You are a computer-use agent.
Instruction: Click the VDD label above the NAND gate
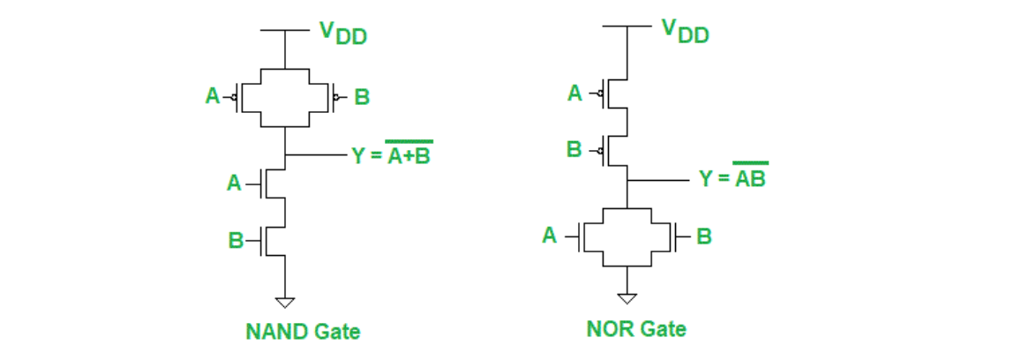[x=342, y=34]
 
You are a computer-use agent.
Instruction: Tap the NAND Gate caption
[x=303, y=332]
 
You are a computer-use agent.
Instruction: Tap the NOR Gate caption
[x=636, y=329]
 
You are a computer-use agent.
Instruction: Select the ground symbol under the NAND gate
[x=284, y=302]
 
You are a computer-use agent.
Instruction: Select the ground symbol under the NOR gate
[x=626, y=297]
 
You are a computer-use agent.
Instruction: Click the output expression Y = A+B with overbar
[x=392, y=156]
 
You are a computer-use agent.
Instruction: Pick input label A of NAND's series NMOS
[x=234, y=183]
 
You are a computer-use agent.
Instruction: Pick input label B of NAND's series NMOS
[x=234, y=237]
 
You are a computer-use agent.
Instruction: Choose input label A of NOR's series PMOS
[x=575, y=92]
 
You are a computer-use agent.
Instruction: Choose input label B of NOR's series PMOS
[x=574, y=150]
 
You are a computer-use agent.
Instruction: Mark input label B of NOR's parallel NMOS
[x=703, y=236]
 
